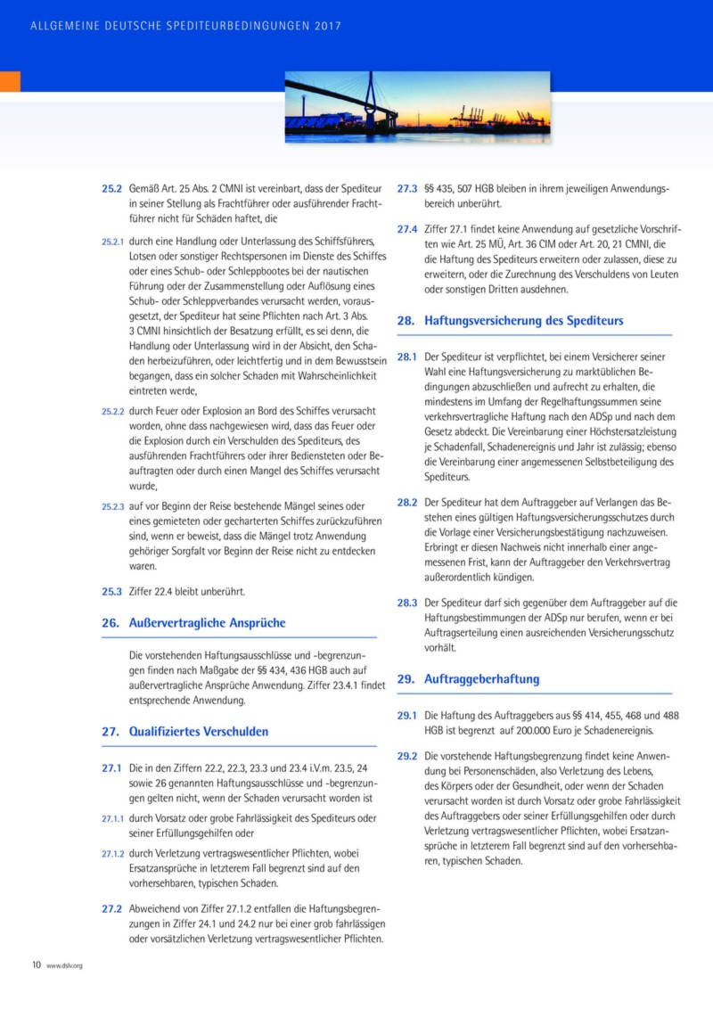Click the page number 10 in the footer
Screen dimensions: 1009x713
click(37, 964)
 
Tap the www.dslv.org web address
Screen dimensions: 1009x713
click(64, 965)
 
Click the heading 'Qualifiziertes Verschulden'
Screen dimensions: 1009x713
click(199, 732)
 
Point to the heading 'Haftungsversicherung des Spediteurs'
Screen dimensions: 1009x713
click(524, 320)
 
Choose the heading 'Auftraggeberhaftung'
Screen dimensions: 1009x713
click(482, 678)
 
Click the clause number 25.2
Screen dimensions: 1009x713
click(111, 190)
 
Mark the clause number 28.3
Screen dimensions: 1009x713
click(407, 603)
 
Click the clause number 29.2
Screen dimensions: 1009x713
click(407, 756)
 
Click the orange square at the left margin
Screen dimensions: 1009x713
click(10, 81)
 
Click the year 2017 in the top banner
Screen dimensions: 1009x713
click(327, 27)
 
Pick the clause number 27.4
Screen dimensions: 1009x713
click(407, 229)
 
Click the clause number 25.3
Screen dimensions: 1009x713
click(111, 592)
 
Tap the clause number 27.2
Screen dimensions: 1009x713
click(111, 910)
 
